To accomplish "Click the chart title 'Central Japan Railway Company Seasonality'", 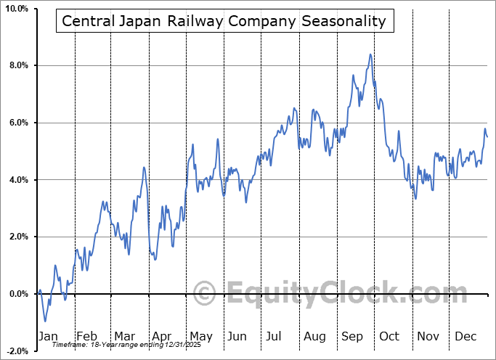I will pyautogui.click(x=224, y=20).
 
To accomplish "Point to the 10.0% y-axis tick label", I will pyautogui.click(x=16, y=9).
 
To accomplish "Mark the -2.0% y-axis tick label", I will pyautogui.click(x=17, y=351).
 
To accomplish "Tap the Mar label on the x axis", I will pyautogui.click(x=124, y=336).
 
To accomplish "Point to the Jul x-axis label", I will pyautogui.click(x=275, y=336).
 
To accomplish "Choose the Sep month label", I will pyautogui.click(x=352, y=336).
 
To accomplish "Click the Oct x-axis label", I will pyautogui.click(x=389, y=336).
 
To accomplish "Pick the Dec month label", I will pyautogui.click(x=465, y=336).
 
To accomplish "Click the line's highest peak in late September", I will pyautogui.click(x=370, y=54).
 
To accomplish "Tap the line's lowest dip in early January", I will pyautogui.click(x=45, y=321).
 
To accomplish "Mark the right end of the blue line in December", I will pyautogui.click(x=487, y=136).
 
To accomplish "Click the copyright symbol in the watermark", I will pyautogui.click(x=205, y=295).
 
